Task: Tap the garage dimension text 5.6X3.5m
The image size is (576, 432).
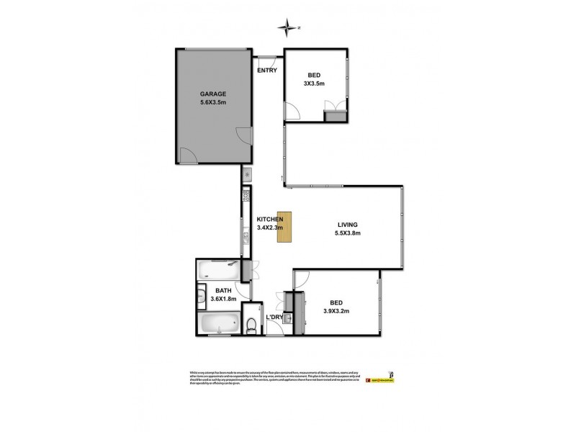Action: click(x=213, y=103)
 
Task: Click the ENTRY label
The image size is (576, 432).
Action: click(x=267, y=71)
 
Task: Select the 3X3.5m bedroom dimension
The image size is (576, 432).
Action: click(x=314, y=84)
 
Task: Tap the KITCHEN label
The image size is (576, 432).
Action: click(x=270, y=219)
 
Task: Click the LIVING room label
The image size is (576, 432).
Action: click(x=347, y=224)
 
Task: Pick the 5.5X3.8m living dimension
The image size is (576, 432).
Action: click(x=347, y=233)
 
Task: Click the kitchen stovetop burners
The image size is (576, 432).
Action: click(x=246, y=194)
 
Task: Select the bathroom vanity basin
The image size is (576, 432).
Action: click(x=201, y=294)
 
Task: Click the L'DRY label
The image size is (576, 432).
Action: click(x=274, y=318)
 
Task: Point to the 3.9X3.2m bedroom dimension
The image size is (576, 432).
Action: click(x=335, y=312)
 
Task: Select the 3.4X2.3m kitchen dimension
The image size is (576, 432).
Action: click(x=270, y=228)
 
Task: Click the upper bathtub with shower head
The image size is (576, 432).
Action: click(x=220, y=271)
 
